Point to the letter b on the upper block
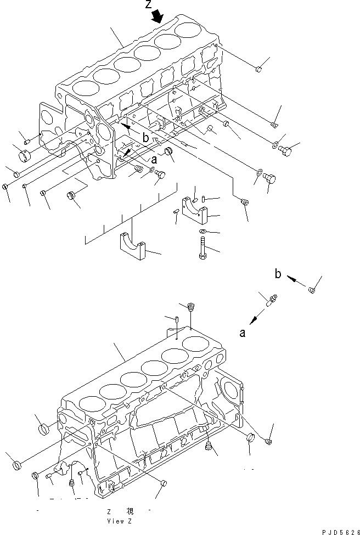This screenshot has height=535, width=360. point(145,139)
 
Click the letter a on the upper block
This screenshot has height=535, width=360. point(154,160)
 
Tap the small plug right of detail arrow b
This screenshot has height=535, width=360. point(312,290)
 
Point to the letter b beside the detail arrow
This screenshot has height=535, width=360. point(278,274)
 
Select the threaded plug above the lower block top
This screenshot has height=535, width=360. point(191,307)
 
